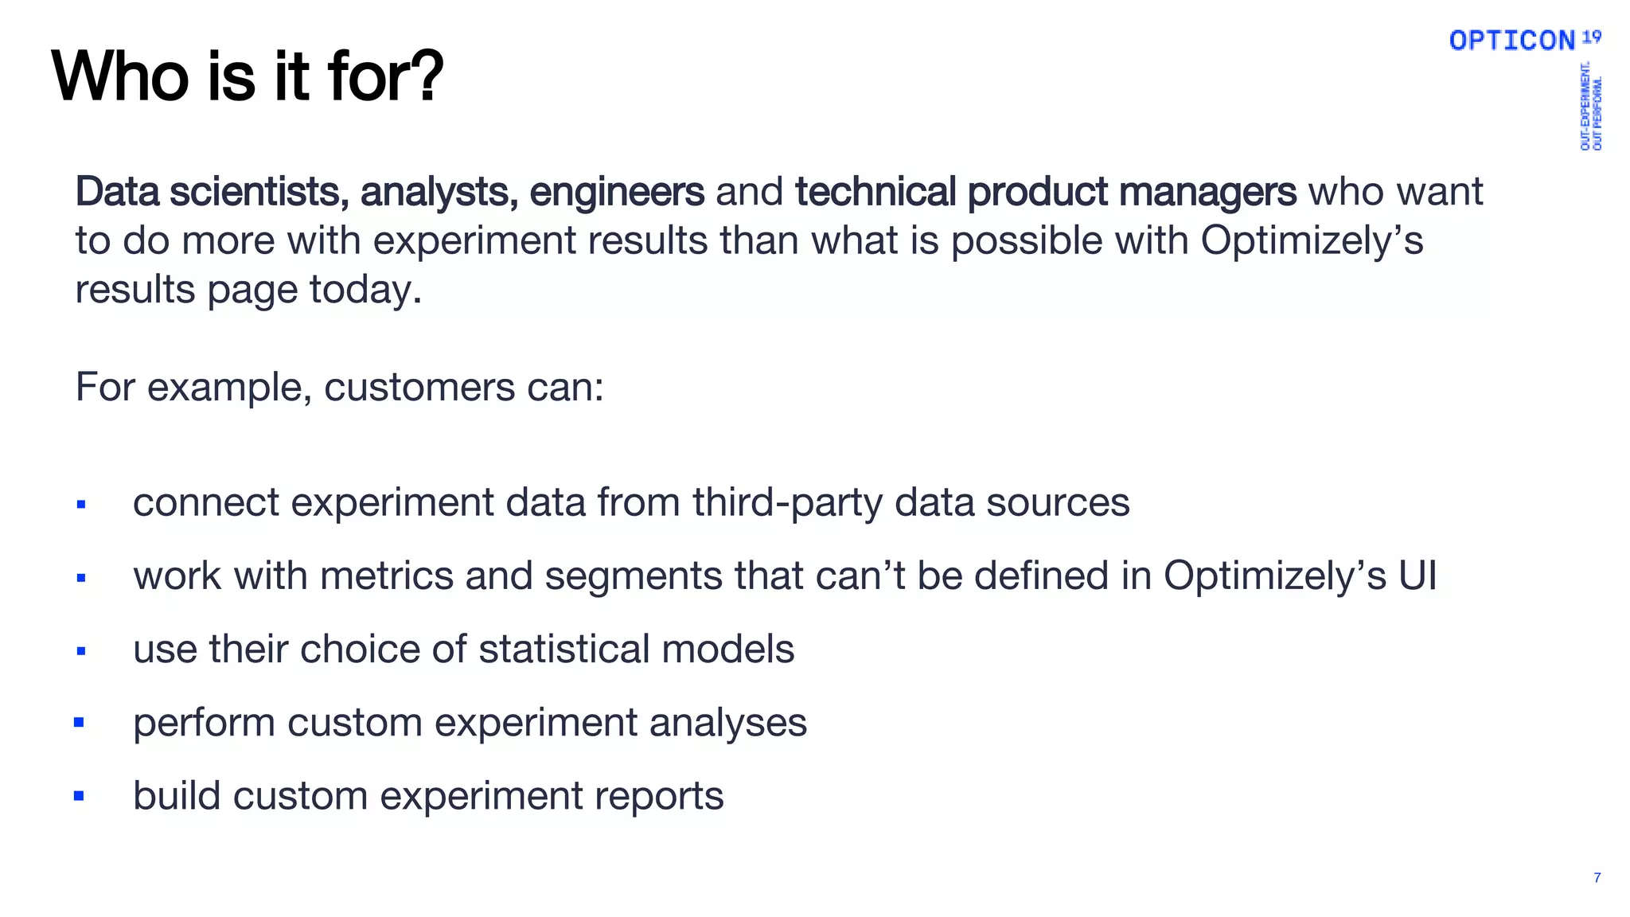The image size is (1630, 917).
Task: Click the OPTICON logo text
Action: (1511, 41)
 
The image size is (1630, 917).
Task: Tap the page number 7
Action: (1597, 878)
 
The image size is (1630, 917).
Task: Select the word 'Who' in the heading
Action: (119, 76)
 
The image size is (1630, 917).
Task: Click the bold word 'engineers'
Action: (617, 192)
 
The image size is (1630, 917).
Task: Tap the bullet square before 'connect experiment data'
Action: (81, 504)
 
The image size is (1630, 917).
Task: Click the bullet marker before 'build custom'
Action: (79, 796)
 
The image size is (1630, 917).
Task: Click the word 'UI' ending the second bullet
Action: (1417, 576)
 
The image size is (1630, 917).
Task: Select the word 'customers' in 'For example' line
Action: (419, 388)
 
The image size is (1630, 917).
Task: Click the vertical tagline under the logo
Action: (1590, 106)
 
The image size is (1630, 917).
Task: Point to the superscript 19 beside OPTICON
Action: (1591, 36)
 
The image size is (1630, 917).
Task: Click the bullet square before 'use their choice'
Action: (81, 651)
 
